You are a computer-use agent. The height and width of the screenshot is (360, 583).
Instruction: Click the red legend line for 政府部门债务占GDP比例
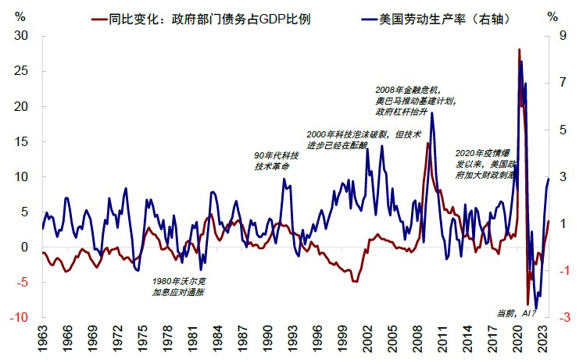[98, 16]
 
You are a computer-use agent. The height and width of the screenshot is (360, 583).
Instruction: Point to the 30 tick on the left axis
[21, 35]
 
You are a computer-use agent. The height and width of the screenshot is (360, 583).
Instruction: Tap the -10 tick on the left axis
[19, 318]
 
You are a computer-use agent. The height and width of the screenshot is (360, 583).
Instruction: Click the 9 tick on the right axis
[560, 35]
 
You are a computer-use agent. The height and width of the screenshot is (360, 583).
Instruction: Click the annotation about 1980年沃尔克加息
[179, 287]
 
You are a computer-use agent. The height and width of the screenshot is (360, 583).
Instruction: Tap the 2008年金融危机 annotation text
[416, 101]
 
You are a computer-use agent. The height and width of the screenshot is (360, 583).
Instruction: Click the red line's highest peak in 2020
[520, 50]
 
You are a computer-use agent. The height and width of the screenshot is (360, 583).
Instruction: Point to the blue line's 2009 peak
[431, 114]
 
